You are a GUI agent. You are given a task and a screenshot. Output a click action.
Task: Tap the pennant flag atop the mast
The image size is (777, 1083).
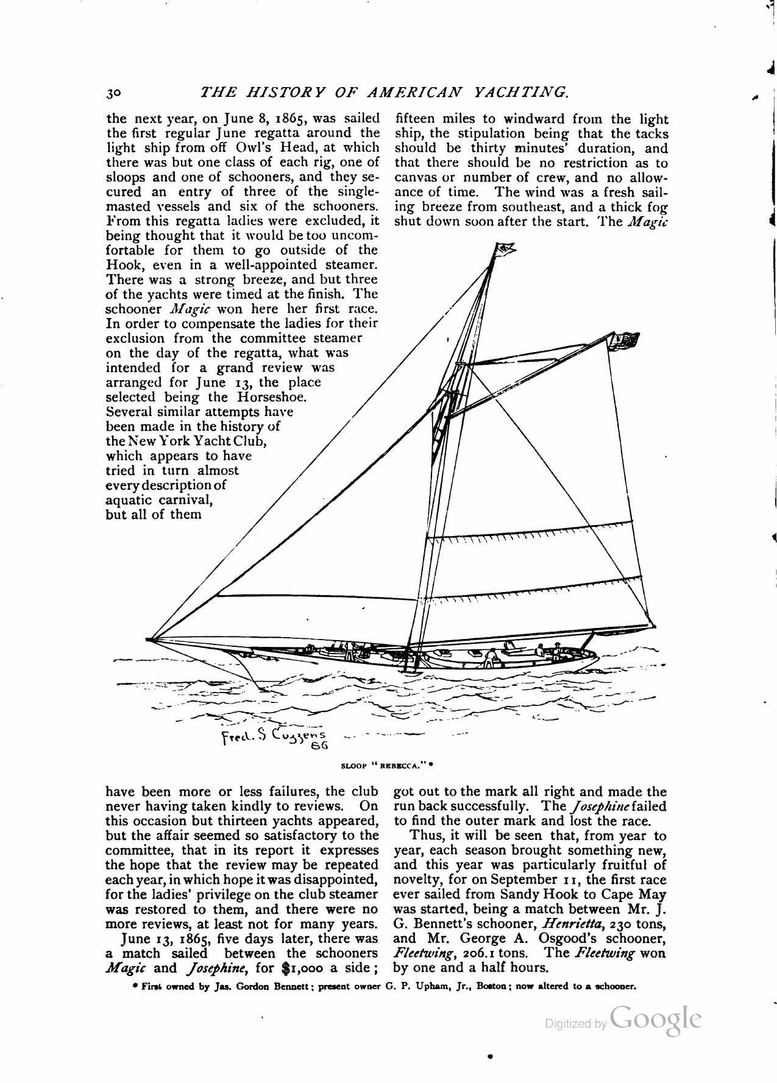505,248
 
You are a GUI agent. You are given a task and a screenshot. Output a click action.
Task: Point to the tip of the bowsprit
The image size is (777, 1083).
149,638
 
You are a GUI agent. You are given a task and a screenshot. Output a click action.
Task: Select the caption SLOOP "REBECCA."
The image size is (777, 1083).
386,766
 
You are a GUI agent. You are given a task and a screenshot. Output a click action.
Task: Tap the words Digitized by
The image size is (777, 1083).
575,1024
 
